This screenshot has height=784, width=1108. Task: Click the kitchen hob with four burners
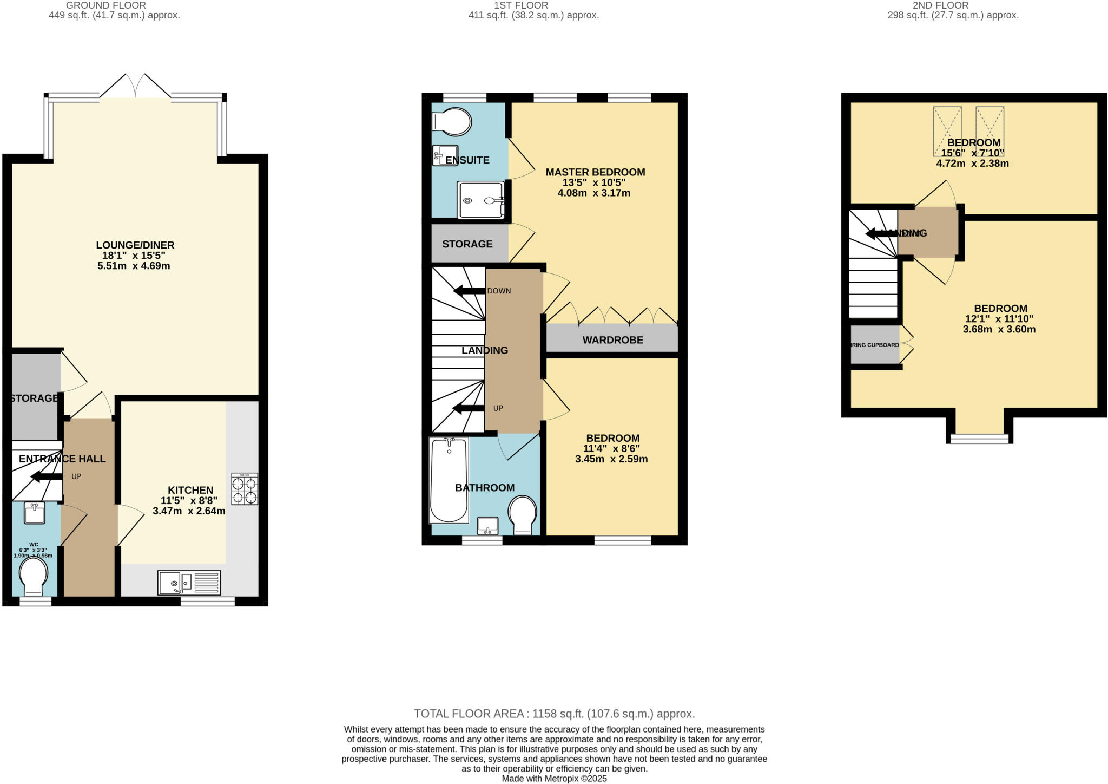point(245,489)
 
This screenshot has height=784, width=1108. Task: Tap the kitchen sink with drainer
point(189,583)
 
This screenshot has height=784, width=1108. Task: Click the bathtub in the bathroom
point(449,480)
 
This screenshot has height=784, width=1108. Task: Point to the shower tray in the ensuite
point(481,200)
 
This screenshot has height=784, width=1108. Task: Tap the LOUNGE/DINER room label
point(135,245)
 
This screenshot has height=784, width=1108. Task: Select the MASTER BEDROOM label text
point(595,172)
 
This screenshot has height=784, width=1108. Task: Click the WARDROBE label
point(612,340)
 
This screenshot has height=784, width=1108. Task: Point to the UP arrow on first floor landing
point(469,408)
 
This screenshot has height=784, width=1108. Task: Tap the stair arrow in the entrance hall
point(47,476)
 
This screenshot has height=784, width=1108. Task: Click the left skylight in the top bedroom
point(947,131)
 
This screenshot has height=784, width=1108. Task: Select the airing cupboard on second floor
point(875,345)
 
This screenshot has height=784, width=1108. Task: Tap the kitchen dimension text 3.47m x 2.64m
point(189,511)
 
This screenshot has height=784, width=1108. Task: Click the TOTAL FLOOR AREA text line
point(554,714)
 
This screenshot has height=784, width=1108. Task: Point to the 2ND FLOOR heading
point(952,5)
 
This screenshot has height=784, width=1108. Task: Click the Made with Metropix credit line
point(554,779)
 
